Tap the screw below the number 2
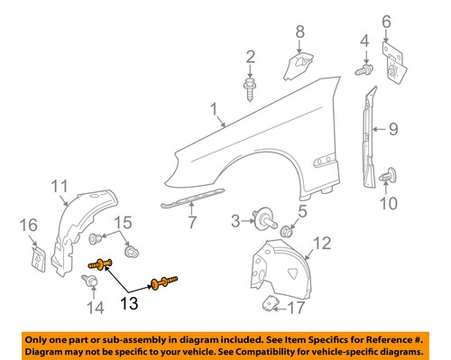point(248,87)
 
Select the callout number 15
point(123,223)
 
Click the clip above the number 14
point(94,282)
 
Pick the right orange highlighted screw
point(164,282)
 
